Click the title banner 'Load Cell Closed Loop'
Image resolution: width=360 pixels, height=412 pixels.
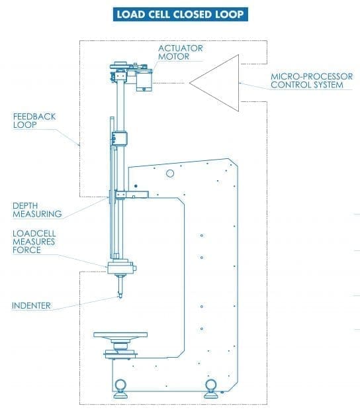[179, 14]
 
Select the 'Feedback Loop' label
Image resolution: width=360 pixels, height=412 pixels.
[34, 120]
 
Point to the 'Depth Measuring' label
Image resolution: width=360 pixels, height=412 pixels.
[37, 209]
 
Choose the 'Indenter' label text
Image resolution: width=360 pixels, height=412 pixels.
[31, 305]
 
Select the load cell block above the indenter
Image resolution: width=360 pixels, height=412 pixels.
[120, 267]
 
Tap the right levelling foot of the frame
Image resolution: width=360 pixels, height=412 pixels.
[211, 387]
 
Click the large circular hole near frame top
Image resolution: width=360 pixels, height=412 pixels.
[170, 173]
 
